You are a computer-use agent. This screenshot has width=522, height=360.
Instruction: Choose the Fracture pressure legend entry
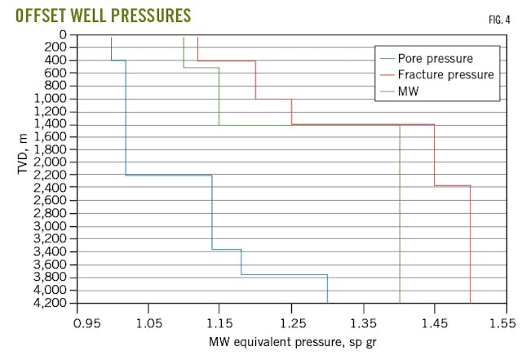point(445,74)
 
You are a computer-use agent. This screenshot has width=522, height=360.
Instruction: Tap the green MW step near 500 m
point(201,68)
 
